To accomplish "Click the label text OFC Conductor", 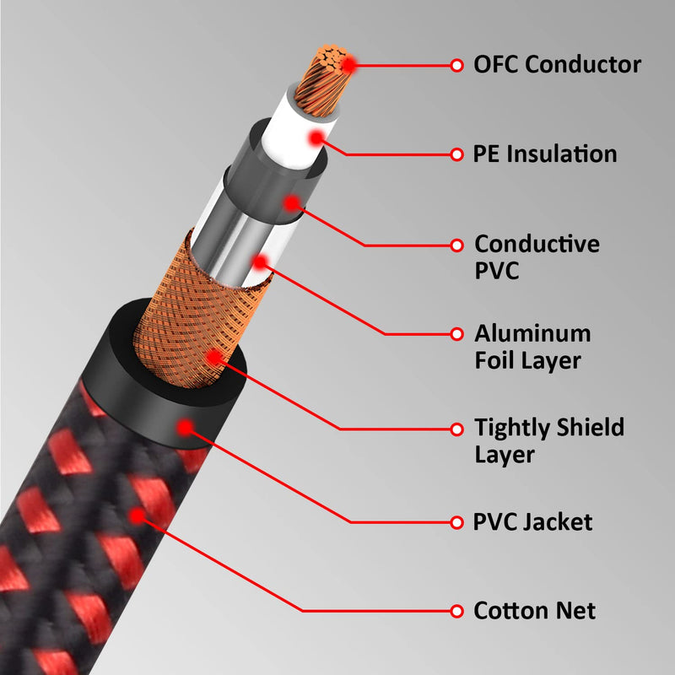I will [x=557, y=64].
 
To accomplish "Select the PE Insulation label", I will [x=545, y=154].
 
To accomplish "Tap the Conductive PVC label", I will [x=537, y=257].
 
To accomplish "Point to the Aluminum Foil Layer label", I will [x=532, y=347].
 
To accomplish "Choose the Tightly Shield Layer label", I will [x=549, y=440].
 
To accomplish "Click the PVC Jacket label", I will [x=533, y=521].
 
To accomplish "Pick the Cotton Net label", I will [x=535, y=610].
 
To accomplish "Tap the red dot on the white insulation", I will [x=316, y=137].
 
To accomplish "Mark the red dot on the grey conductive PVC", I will [x=292, y=203].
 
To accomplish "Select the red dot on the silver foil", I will [x=261, y=262].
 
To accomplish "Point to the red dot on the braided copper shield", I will [x=214, y=358].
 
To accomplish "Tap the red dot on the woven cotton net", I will [x=134, y=513].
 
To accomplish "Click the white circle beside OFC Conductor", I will [x=456, y=64].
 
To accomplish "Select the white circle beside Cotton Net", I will [x=456, y=610].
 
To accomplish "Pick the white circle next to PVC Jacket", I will [x=456, y=521].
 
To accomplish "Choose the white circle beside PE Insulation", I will [x=456, y=154].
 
